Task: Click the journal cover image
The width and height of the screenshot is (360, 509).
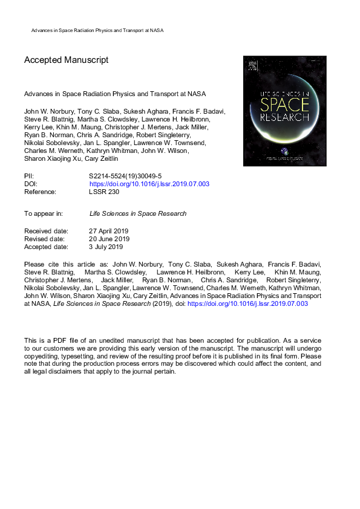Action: (x=284, y=111)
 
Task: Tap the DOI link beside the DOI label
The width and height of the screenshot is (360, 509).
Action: (x=149, y=184)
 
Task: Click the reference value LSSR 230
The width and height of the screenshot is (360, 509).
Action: (x=104, y=192)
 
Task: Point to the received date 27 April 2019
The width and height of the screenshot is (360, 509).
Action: (x=108, y=232)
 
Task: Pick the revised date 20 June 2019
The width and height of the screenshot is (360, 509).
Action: (x=109, y=239)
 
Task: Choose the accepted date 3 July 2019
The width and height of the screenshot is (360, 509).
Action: (x=106, y=247)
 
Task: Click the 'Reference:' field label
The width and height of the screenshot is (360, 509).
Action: (x=40, y=192)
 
